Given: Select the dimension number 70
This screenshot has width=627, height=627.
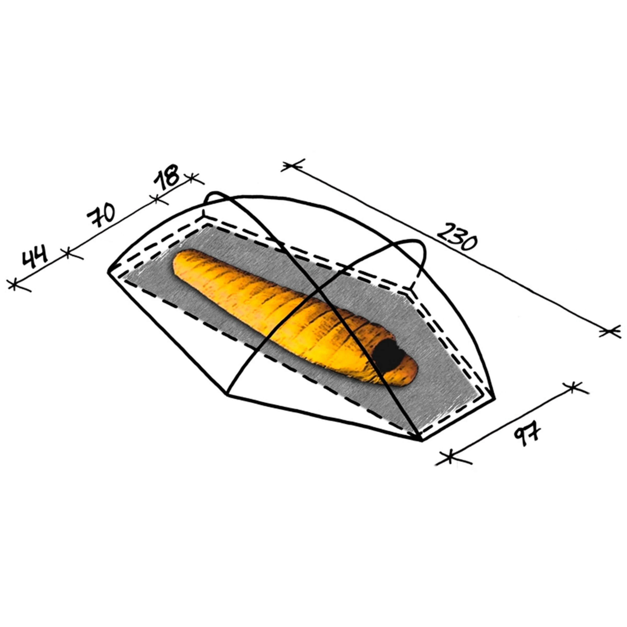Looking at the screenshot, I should coord(101,216).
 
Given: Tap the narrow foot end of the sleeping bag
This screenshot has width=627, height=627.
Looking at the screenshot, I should coord(182,263).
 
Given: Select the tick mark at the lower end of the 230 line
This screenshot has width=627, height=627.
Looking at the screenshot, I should coord(609,332).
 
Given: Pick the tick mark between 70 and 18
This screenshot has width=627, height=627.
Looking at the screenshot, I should coord(156,199).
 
